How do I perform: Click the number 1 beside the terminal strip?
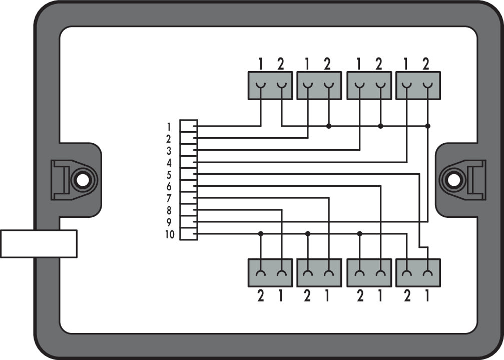[x=169, y=127]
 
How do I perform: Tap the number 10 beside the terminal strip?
[x=170, y=235]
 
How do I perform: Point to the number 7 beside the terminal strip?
[x=169, y=199]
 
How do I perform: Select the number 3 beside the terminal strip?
[x=169, y=151]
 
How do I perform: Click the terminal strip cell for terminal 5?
[x=189, y=174]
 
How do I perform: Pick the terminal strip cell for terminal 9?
[x=189, y=222]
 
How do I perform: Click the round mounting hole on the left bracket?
[x=83, y=180]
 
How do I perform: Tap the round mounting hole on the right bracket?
[x=453, y=180]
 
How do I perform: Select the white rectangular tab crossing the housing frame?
[x=39, y=244]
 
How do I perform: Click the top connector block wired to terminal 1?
[x=270, y=86]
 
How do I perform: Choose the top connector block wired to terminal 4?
[x=418, y=86]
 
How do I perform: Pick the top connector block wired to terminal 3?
[x=369, y=86]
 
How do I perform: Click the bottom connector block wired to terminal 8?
[x=270, y=273]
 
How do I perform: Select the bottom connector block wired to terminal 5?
[x=418, y=273]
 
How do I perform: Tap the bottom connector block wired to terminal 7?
[x=319, y=273]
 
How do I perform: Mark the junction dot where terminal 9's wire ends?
[x=427, y=126]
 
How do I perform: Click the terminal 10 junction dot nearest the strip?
[x=261, y=234]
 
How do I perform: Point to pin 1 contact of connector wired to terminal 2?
[x=308, y=86]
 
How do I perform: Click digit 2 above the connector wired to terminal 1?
[x=281, y=65]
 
